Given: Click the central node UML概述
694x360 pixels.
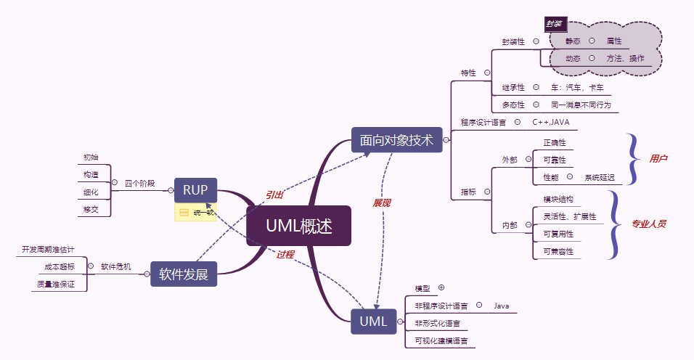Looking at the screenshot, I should tap(298, 226).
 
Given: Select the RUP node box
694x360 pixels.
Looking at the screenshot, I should tap(195, 191).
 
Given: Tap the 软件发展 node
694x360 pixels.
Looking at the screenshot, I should tap(184, 274).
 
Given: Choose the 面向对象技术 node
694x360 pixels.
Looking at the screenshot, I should tap(396, 140).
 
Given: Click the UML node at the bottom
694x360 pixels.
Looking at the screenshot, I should tap(374, 321).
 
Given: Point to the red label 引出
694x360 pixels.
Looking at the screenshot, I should tap(274, 195).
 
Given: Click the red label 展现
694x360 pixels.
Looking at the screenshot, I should tap(382, 202).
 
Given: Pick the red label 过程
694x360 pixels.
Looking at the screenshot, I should tap(285, 254).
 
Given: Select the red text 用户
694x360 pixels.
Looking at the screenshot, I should tap(658, 158).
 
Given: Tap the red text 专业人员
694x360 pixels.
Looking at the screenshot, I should tap(648, 224).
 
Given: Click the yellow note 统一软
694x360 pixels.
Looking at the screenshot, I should tap(196, 212).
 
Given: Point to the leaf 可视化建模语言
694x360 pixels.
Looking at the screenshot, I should tap(441, 340).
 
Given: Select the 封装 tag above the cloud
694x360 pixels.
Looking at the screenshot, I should tap(555, 24).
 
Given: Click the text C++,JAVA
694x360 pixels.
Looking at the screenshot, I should tap(551, 122).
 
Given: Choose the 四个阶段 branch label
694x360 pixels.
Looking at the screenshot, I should tap(139, 184).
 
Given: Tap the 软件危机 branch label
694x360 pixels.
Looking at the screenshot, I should tap(116, 266).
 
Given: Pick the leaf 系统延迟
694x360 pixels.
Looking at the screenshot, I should tap(600, 177).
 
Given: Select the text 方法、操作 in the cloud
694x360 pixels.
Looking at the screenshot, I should tap(625, 58).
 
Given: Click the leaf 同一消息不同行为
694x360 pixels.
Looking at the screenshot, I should tap(581, 105).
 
